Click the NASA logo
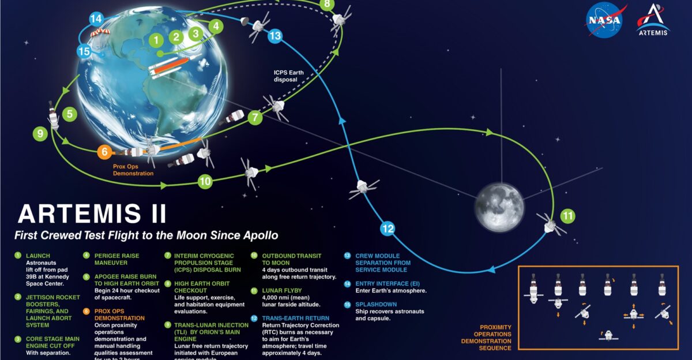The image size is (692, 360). pos(604,21)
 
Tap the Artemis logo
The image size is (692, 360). pos(653,21)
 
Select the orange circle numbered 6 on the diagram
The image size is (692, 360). pos(104,152)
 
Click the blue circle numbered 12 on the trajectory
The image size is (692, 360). pos(388,228)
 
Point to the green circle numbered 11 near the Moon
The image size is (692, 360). pos(569,216)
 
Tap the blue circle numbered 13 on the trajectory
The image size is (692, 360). pos(275,36)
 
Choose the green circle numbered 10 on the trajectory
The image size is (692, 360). pos(205,181)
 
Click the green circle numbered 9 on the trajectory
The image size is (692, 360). pos(40,134)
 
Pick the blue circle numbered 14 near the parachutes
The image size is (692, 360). pos(96,18)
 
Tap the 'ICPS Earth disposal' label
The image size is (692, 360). pos(289,76)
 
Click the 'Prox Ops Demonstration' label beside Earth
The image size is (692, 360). pos(133,170)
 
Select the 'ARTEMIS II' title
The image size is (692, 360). pos(92,213)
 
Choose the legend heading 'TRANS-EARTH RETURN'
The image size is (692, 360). pos(296,318)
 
